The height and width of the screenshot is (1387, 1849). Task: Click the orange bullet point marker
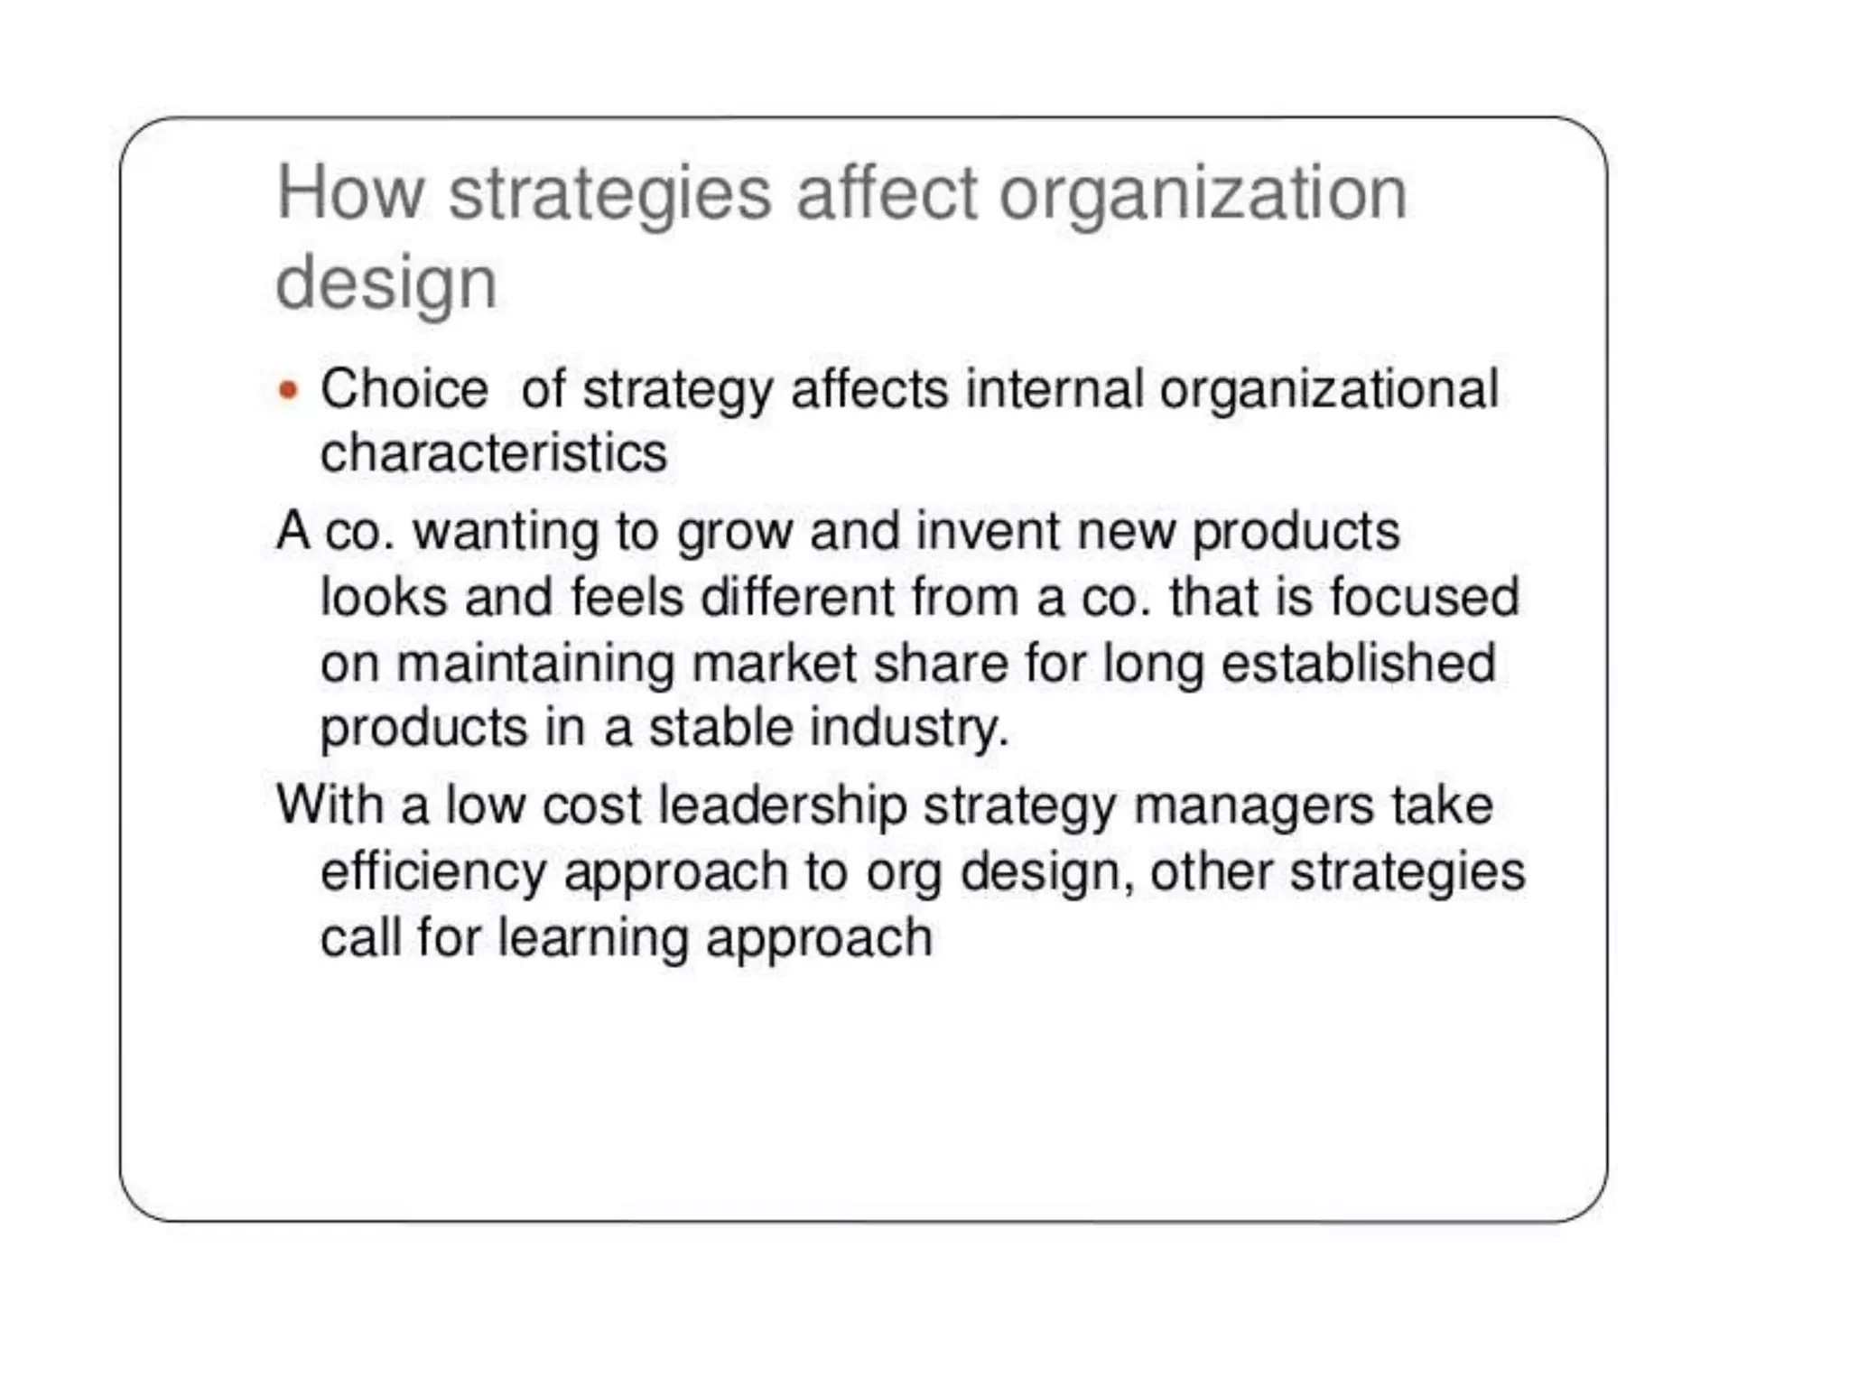pyautogui.click(x=288, y=390)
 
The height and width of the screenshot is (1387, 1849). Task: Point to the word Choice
pyautogui.click(x=404, y=390)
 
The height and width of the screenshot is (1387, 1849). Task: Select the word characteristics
pyautogui.click(x=494, y=452)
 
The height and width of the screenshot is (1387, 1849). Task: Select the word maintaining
pyautogui.click(x=535, y=664)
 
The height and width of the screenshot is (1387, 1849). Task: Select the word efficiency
pyautogui.click(x=433, y=873)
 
